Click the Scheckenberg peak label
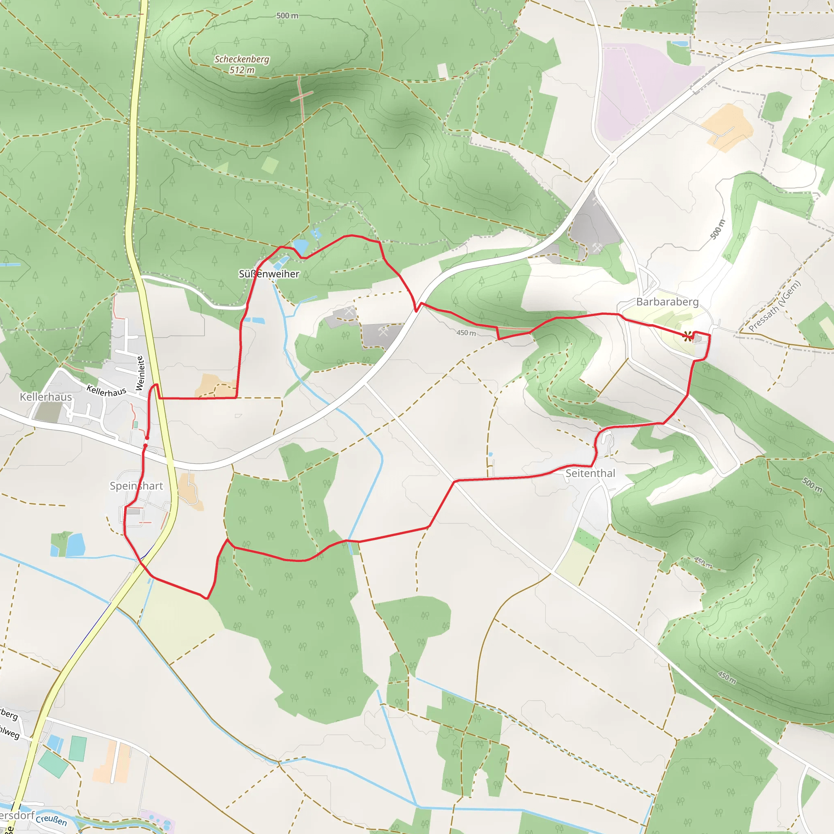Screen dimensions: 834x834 point(242,59)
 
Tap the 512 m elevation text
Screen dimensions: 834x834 point(242,70)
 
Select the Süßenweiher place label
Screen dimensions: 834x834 point(269,274)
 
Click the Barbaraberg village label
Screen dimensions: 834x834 point(667,302)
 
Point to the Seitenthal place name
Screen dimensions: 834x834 point(590,474)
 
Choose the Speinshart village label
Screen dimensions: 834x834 point(136,486)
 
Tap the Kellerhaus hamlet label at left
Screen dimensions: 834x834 point(46,397)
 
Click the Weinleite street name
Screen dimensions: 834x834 point(139,373)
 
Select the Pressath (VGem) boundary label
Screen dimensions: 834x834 point(775,306)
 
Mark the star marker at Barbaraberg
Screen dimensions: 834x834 point(688,336)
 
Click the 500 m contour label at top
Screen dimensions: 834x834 point(287,15)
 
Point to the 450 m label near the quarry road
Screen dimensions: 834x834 point(466,333)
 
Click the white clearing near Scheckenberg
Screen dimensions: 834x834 point(442,70)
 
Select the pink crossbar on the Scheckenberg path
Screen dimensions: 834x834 point(301,96)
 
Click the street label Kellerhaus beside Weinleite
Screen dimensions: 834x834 point(106,391)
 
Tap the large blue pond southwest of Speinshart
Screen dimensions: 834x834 point(76,544)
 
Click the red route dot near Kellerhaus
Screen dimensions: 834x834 point(147,438)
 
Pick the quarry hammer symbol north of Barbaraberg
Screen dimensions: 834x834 point(597,248)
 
